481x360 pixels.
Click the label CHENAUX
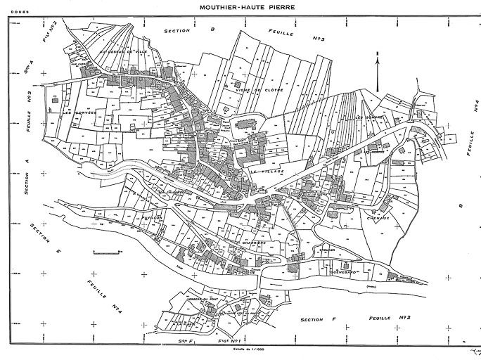click(378, 219)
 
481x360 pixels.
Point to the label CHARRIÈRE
click(253, 243)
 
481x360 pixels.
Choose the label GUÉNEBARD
click(342, 270)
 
